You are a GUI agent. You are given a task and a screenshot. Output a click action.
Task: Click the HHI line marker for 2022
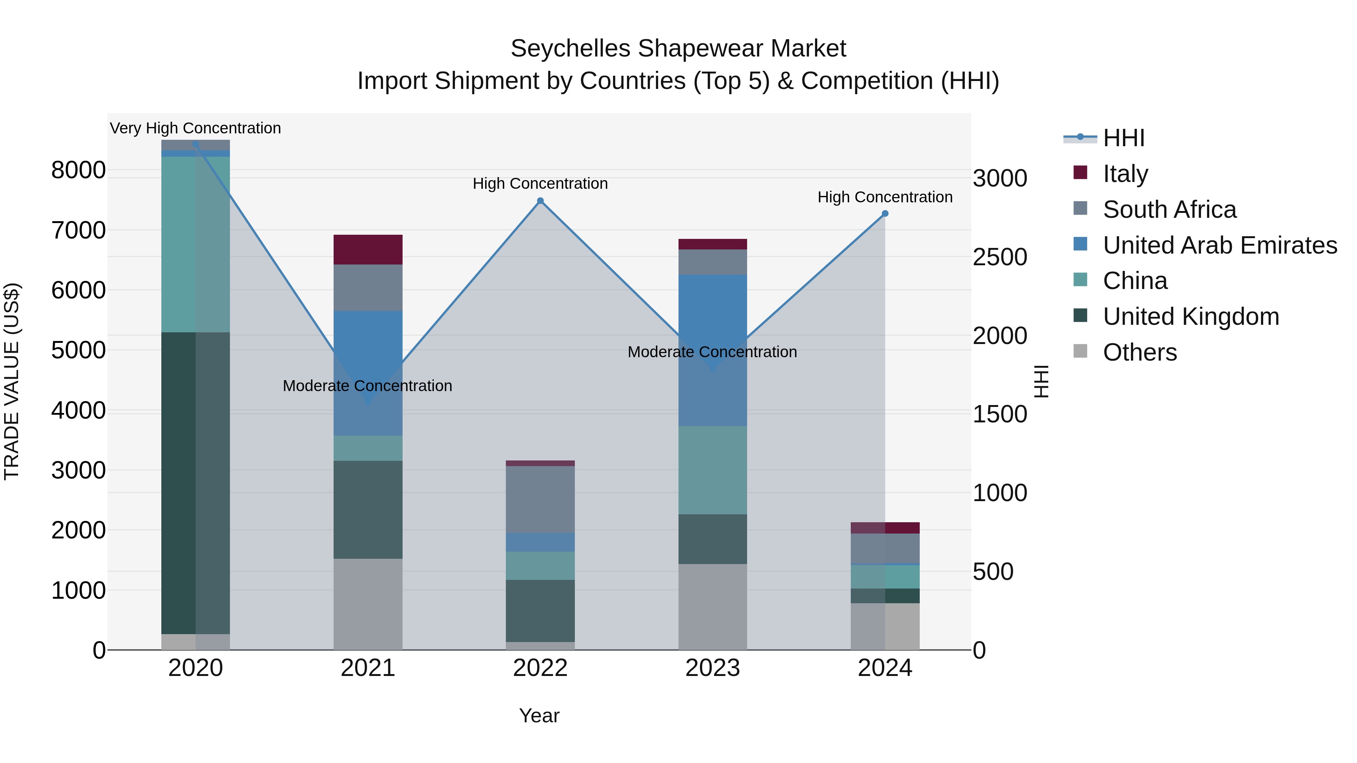coord(540,200)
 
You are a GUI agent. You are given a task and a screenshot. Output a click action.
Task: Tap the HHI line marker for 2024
coord(885,214)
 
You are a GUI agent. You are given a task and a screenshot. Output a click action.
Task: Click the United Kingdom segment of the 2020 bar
coord(195,483)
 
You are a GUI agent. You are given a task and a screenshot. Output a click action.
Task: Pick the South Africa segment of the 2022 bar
coord(540,499)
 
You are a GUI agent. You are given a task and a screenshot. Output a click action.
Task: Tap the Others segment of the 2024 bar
coord(885,626)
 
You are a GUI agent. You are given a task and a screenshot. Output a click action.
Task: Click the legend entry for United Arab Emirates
coord(1219,245)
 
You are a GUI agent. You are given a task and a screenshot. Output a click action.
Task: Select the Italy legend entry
coord(1125,173)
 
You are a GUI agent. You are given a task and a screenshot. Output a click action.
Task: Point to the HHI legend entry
coord(1123,138)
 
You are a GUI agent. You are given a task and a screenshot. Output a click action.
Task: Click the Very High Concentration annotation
coord(195,128)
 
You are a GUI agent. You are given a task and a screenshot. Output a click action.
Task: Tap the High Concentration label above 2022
coord(540,183)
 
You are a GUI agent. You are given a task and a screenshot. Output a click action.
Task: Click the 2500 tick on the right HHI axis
coord(999,257)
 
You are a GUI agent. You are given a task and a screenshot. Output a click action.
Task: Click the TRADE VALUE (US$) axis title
coord(12,382)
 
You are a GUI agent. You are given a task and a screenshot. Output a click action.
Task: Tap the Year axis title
coord(539,716)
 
